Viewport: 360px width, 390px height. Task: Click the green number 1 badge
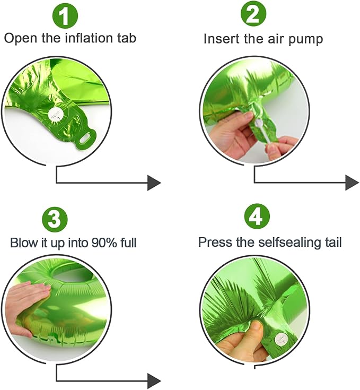point(65,16)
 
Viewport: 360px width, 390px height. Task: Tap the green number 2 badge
point(253,15)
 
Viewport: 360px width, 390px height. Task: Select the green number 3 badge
point(55,220)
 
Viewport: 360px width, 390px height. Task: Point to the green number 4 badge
point(257,217)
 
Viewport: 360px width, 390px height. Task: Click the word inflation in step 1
point(89,38)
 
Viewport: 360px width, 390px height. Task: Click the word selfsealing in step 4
point(291,242)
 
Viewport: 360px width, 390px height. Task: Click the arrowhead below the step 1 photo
point(154,183)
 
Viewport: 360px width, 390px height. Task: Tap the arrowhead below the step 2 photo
point(352,183)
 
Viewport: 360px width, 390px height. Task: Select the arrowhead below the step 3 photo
point(154,380)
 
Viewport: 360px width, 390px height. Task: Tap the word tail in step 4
point(333,242)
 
